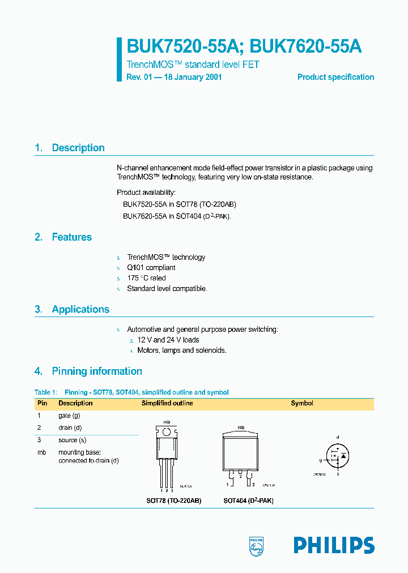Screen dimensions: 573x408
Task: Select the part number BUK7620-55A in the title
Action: [306, 47]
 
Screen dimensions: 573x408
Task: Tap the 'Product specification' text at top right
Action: [335, 77]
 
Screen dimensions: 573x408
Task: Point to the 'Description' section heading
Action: [78, 148]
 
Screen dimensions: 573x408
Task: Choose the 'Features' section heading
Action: [71, 237]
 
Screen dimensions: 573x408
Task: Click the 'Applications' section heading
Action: [80, 309]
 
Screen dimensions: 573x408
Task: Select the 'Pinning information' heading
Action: [97, 371]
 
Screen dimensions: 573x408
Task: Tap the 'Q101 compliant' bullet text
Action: [151, 267]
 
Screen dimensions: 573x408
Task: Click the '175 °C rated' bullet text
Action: [146, 278]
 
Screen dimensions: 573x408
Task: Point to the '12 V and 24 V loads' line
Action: [168, 340]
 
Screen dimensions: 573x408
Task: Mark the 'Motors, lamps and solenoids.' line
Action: [182, 350]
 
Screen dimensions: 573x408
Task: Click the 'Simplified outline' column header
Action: [167, 403]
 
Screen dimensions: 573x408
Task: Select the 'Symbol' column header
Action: [302, 403]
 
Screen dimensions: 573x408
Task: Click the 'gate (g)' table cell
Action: [70, 416]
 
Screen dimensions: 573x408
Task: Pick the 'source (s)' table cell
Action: [72, 440]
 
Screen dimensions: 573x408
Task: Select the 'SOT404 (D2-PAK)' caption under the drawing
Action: [248, 501]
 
